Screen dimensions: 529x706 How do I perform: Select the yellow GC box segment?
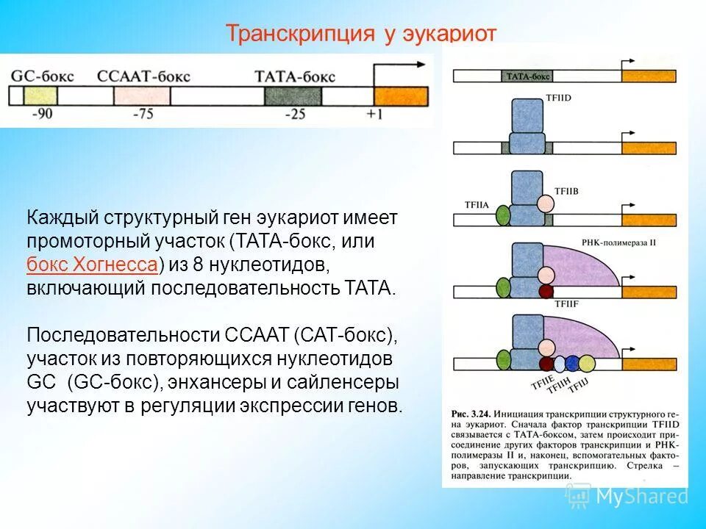(40, 96)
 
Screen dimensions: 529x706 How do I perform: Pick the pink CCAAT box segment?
(142, 96)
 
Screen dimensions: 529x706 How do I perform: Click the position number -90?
(42, 115)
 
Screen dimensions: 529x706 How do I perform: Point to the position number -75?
(143, 115)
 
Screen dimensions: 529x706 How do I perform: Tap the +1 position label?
(376, 115)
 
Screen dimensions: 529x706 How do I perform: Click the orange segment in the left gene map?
(400, 96)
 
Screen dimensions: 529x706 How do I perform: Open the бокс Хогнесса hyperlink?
(92, 264)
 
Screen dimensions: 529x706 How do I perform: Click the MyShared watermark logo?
(628, 496)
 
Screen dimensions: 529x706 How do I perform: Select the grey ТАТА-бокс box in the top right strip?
(527, 76)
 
